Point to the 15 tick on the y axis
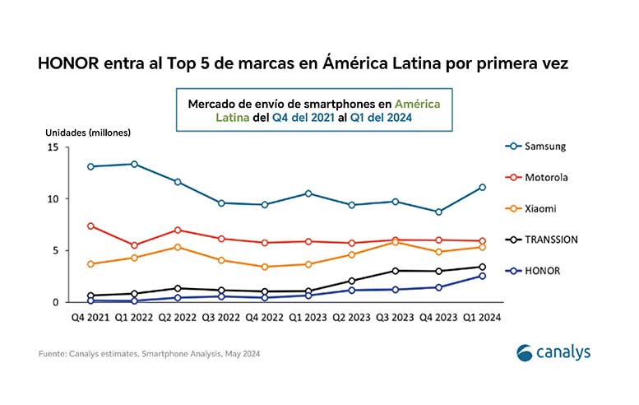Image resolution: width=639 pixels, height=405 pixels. coord(52,147)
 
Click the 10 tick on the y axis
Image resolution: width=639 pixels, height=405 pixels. coord(52,199)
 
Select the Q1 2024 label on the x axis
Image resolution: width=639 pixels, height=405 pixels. coord(482,316)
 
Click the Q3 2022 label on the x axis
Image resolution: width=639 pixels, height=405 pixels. coord(221,316)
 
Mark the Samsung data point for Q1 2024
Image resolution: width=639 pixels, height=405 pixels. coord(482,188)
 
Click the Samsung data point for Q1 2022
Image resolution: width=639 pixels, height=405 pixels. coord(134,164)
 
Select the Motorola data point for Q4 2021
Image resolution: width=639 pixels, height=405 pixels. coord(90,226)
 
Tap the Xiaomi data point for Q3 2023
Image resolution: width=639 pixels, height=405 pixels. coord(396,242)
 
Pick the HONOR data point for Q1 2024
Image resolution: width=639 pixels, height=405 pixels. coord(482,276)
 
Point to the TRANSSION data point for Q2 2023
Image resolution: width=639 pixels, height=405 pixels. coord(352,281)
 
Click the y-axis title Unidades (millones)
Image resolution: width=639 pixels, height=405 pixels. coord(87,132)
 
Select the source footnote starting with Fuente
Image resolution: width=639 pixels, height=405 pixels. coord(153,354)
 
